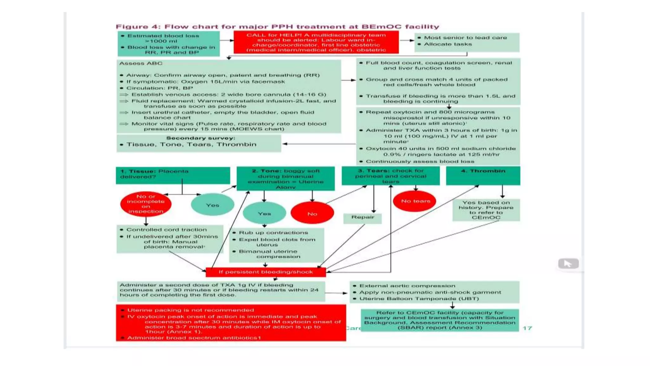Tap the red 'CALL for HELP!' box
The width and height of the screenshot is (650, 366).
click(316, 42)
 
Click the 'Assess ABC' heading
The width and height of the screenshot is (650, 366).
click(141, 64)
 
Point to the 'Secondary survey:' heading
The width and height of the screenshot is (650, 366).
click(201, 138)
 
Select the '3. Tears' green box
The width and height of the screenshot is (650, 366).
click(390, 176)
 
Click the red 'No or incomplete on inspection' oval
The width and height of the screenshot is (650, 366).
click(146, 204)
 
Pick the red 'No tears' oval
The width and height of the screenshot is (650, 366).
click(415, 201)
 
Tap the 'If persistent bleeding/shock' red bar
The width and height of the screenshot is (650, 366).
click(266, 272)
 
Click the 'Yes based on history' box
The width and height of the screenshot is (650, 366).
click(486, 210)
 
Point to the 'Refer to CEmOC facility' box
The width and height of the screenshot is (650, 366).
click(440, 320)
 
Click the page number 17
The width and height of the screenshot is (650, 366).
click(527, 328)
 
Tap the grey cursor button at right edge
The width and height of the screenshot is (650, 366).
click(568, 263)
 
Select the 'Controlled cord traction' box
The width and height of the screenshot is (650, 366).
click(170, 238)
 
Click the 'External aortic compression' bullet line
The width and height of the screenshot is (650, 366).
click(407, 286)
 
